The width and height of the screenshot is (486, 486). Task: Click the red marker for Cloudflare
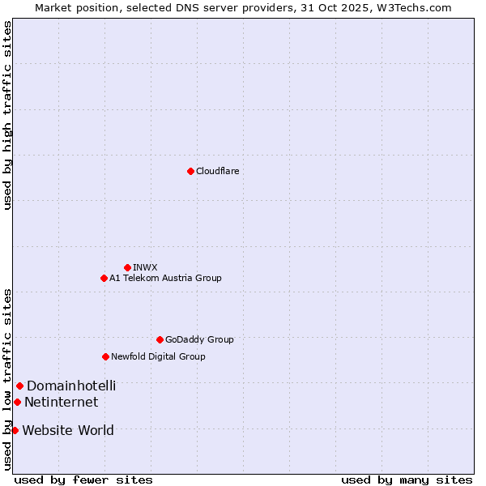(x=190, y=171)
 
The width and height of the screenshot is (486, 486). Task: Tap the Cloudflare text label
(x=217, y=171)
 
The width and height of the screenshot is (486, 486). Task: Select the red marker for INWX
(x=127, y=267)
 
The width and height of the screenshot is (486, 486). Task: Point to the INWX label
(x=145, y=267)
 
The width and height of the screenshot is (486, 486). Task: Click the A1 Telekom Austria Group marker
(x=104, y=278)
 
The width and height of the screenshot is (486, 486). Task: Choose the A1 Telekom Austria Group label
(x=165, y=278)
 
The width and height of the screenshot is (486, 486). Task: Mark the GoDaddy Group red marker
(x=160, y=339)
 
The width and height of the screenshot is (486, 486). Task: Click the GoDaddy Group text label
(x=199, y=339)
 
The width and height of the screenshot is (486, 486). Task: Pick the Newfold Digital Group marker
(x=105, y=356)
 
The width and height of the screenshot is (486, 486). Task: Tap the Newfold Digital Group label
(x=158, y=356)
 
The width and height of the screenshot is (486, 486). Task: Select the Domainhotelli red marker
(x=19, y=386)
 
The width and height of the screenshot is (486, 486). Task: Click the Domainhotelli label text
(x=71, y=386)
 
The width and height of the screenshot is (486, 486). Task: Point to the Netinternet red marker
(x=17, y=402)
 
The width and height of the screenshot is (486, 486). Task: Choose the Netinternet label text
(x=61, y=403)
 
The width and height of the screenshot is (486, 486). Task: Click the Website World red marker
(x=15, y=430)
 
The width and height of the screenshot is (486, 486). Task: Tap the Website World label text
(x=68, y=431)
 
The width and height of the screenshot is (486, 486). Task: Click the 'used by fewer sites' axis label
(x=83, y=480)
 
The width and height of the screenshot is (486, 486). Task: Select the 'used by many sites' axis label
(x=407, y=480)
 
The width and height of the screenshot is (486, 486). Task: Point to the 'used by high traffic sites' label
(x=7, y=115)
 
